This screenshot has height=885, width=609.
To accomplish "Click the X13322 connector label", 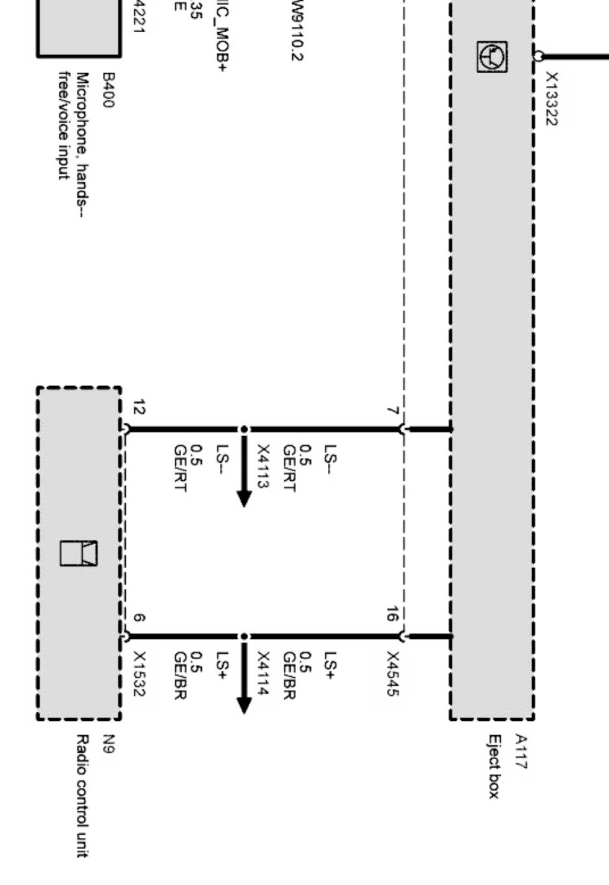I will click(551, 99).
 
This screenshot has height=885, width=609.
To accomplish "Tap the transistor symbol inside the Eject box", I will click(492, 57).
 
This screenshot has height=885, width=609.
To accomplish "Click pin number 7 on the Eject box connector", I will click(392, 411).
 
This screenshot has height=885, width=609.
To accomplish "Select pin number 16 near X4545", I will click(392, 614).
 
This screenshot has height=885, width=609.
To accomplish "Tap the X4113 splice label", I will click(264, 467).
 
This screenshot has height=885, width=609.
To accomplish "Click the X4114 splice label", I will click(264, 674).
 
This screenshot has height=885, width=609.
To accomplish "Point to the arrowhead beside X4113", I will click(244, 499).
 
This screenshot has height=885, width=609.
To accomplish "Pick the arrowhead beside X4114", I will click(244, 706).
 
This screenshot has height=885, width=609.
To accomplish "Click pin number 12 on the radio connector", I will click(138, 408).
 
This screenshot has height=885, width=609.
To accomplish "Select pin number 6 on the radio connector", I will click(138, 618).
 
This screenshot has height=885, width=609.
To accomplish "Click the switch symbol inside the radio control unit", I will click(79, 553).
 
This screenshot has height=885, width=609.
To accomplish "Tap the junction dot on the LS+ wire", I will click(244, 637).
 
